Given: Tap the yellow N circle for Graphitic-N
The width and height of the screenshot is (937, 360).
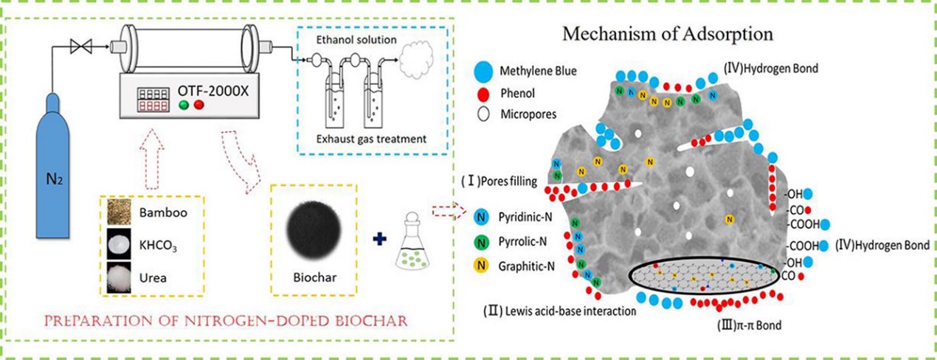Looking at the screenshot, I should [482, 266].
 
